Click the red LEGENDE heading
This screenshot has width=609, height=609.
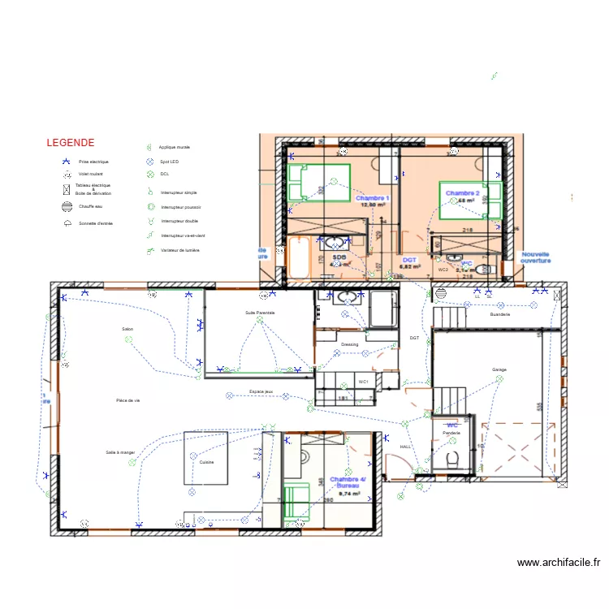[x=70, y=142]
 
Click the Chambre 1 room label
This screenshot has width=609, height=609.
[x=373, y=198]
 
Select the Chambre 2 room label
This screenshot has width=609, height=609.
[x=462, y=193]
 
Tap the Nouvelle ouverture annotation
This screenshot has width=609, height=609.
[x=536, y=257]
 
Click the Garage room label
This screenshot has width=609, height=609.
[x=499, y=369]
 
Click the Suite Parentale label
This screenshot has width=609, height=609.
[x=260, y=313]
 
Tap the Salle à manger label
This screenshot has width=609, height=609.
[x=120, y=452]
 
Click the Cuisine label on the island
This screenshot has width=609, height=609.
[x=206, y=461]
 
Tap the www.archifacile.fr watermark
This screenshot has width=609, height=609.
[x=558, y=561]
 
